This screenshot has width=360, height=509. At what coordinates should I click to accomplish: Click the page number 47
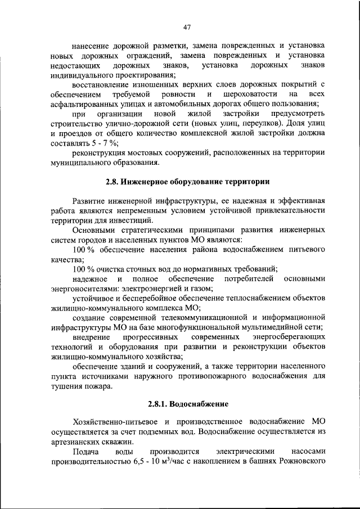click(x=187, y=27)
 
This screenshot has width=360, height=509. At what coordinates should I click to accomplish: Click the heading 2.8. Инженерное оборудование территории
click(x=187, y=182)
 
